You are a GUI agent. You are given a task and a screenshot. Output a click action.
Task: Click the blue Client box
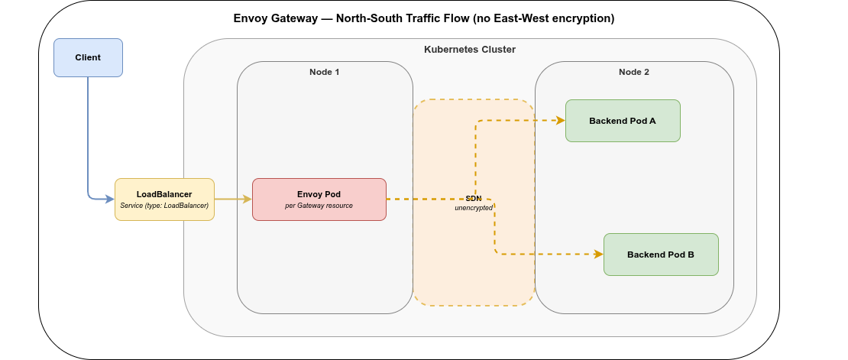[x=88, y=57]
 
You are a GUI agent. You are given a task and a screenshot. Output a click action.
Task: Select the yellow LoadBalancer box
[x=164, y=199]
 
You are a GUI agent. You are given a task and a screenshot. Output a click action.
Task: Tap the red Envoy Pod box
[x=319, y=199]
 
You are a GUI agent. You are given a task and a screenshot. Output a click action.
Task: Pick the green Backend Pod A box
[x=623, y=121]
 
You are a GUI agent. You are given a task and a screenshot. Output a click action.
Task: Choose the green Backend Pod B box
[x=661, y=255]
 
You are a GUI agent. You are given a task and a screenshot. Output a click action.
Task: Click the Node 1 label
[x=324, y=72]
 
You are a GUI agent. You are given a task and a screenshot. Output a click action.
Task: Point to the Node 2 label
[x=633, y=72]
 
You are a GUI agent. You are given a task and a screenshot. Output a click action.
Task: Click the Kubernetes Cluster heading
[x=470, y=50]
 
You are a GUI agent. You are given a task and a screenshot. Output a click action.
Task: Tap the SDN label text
[x=474, y=198]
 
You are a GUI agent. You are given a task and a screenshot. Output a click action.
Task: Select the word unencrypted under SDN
[x=474, y=208]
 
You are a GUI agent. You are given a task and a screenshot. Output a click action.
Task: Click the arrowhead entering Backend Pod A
[x=560, y=121]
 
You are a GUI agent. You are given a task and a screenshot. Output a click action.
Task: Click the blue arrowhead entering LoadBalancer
[x=109, y=199]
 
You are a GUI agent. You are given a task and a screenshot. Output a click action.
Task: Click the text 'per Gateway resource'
[x=319, y=206]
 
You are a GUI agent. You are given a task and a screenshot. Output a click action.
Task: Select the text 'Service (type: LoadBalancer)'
[x=164, y=206]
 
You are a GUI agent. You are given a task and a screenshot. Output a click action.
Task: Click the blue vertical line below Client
[x=88, y=130]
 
